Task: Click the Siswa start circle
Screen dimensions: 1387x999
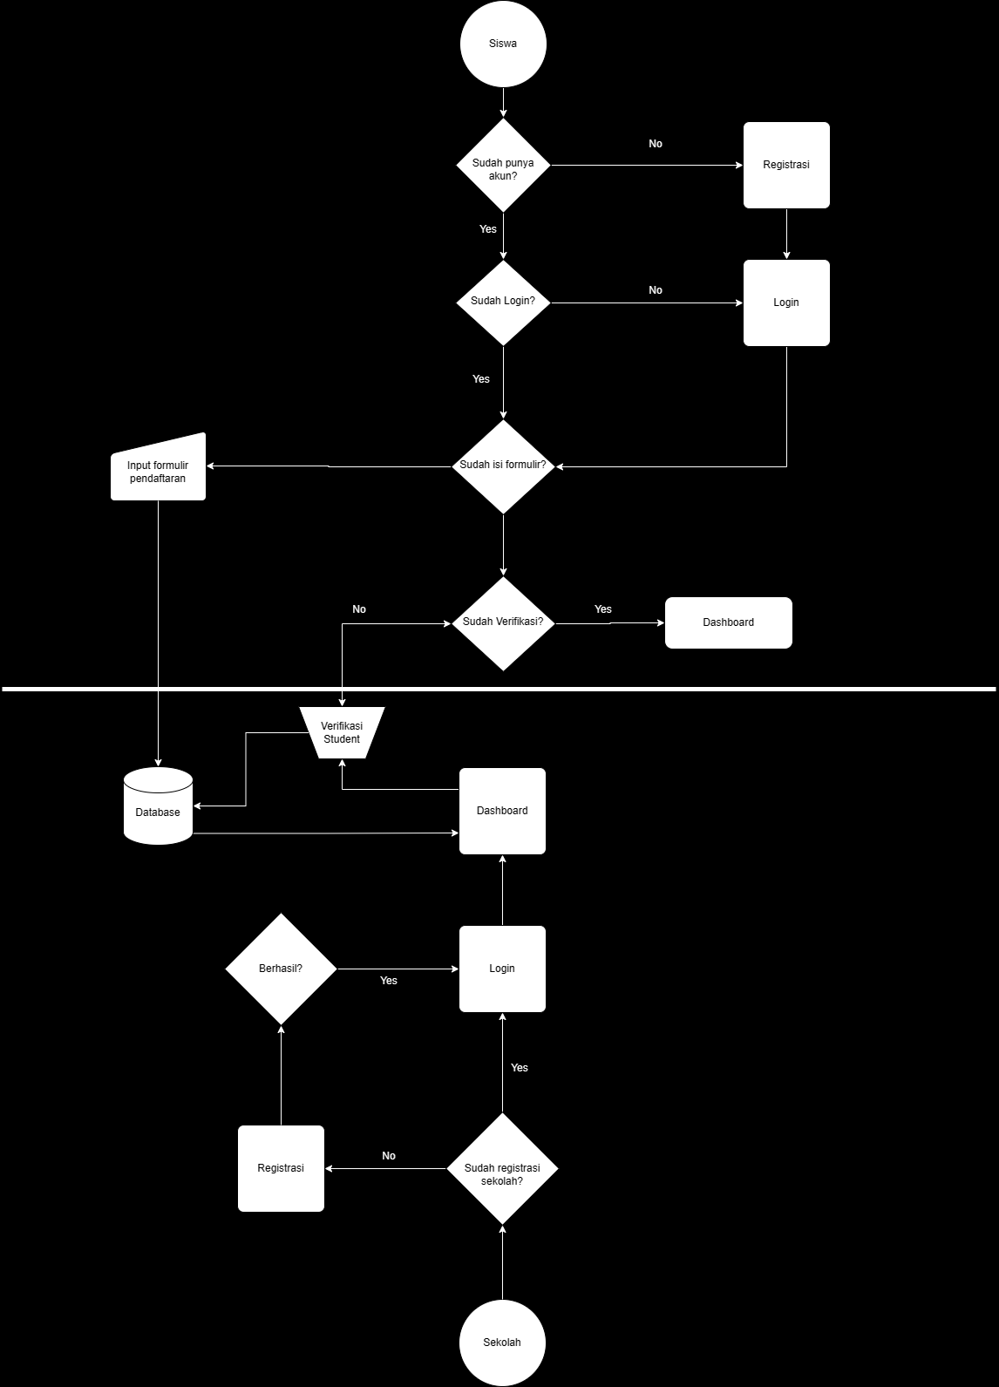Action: tap(503, 44)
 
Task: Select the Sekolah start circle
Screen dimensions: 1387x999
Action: tap(502, 1343)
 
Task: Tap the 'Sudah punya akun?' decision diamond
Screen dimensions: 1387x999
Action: tap(503, 166)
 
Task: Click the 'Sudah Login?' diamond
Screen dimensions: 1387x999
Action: tap(503, 303)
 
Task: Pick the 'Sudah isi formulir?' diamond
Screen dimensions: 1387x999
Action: tap(503, 466)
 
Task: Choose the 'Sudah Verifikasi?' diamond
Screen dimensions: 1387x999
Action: tap(503, 623)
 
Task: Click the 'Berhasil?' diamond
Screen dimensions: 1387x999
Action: tap(281, 969)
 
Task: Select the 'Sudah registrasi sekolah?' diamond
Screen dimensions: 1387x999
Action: tap(502, 1169)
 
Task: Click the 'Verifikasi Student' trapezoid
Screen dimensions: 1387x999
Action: tap(342, 732)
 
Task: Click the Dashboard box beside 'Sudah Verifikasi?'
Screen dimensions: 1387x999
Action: tap(728, 622)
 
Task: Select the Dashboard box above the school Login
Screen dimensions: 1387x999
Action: tap(502, 811)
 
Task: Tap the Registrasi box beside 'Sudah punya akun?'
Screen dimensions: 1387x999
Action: tap(786, 165)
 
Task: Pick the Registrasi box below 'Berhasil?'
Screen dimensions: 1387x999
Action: tap(281, 1168)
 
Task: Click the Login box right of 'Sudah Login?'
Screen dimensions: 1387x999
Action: tap(786, 303)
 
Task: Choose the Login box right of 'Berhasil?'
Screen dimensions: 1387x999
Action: tap(502, 969)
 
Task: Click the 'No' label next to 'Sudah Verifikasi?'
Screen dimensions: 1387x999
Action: tap(359, 609)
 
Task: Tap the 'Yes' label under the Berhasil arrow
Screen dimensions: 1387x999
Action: tap(389, 981)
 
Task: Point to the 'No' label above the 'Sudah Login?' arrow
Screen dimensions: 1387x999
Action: tap(656, 290)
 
